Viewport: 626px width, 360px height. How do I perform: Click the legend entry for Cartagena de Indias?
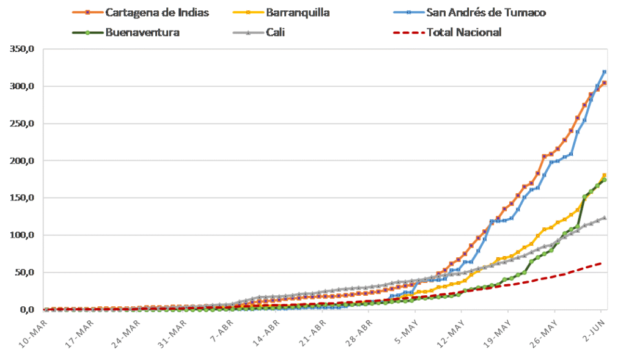click(x=156, y=12)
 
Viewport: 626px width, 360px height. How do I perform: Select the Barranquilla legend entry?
click(x=298, y=12)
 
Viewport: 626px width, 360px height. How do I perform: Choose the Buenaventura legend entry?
click(x=142, y=32)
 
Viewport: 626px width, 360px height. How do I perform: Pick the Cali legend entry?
click(x=275, y=32)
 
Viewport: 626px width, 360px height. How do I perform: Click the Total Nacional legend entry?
click(x=464, y=32)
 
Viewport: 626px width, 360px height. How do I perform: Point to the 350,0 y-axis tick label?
click(x=21, y=49)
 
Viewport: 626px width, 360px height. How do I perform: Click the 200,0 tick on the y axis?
click(x=21, y=161)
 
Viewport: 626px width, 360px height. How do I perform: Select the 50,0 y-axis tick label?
click(x=23, y=272)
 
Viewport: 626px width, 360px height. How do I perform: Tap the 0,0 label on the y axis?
click(x=26, y=310)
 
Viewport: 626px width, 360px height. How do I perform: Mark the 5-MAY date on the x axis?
click(x=408, y=330)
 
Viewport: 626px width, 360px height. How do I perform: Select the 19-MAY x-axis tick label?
click(x=499, y=330)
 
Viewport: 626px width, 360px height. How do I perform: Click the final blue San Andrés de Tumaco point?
click(x=605, y=72)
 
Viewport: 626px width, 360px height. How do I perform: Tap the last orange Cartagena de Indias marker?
click(x=605, y=83)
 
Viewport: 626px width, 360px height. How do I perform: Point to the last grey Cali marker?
click(x=605, y=218)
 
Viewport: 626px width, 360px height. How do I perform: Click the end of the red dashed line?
click(x=602, y=263)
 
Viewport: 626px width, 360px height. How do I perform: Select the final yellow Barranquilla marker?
click(x=605, y=175)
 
